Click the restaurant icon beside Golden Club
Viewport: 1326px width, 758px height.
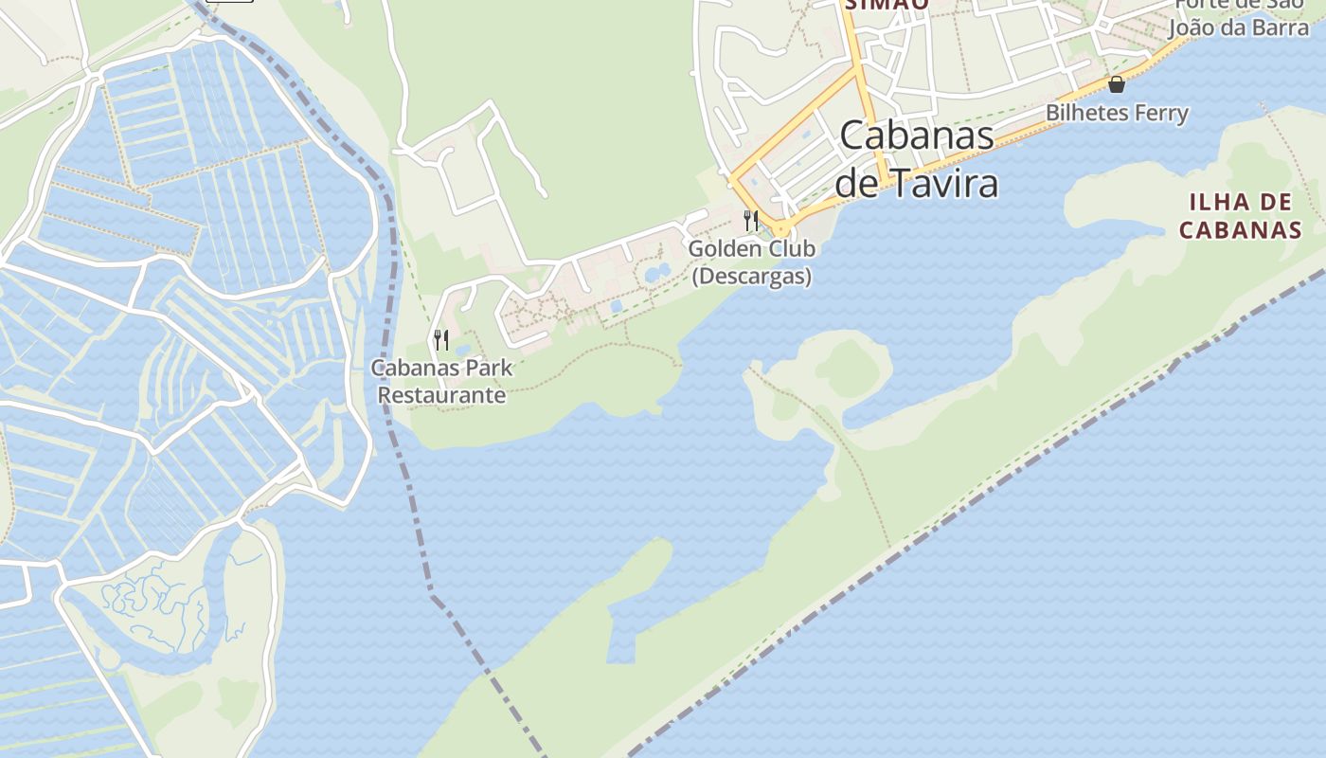click(751, 220)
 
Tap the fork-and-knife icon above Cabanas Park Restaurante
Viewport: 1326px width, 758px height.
click(441, 339)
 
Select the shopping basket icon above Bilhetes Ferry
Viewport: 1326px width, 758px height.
click(1117, 84)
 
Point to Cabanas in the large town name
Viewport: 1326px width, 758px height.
click(917, 135)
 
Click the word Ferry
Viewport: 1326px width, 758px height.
click(1160, 114)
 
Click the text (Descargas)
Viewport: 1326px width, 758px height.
click(752, 277)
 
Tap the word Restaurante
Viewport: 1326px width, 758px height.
click(442, 395)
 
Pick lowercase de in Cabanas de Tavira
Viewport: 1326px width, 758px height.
click(856, 183)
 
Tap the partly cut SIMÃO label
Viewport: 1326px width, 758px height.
click(872, 5)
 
